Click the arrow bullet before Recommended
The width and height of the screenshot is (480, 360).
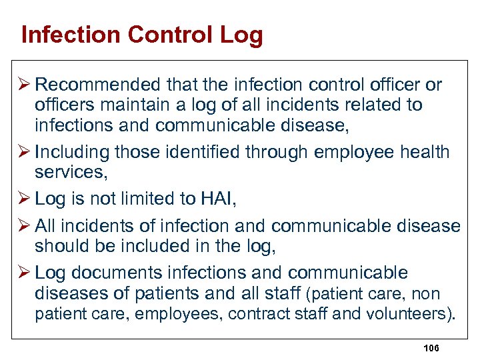coord(25,85)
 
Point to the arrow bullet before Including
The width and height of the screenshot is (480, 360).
coord(25,153)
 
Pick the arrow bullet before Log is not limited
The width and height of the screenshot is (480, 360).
coord(25,199)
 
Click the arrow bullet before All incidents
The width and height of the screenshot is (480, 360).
coord(25,227)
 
